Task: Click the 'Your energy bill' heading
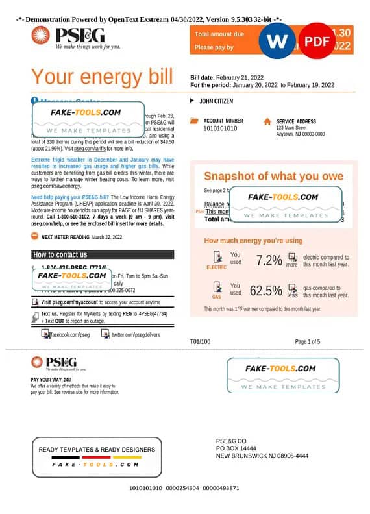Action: pyautogui.click(x=102, y=77)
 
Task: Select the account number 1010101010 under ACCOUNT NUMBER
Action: pyautogui.click(x=221, y=128)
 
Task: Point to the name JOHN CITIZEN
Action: pyautogui.click(x=216, y=101)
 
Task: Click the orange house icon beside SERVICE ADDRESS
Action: pyautogui.click(x=267, y=121)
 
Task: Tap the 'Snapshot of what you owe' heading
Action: pyautogui.click(x=273, y=176)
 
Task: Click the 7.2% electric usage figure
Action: pyautogui.click(x=269, y=260)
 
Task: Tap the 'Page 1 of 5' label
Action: pyautogui.click(x=308, y=341)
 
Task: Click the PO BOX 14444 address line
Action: pyautogui.click(x=236, y=448)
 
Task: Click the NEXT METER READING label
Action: pyautogui.click(x=66, y=238)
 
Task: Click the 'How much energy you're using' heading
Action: pyautogui.click(x=253, y=241)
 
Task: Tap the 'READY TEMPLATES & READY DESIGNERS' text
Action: pyautogui.click(x=97, y=449)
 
